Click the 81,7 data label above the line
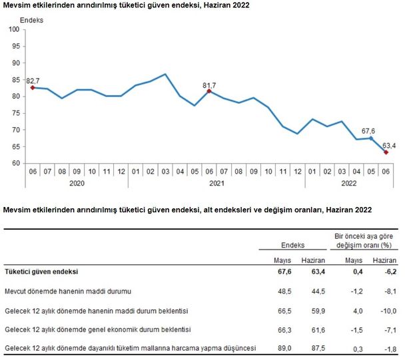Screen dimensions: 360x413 coord(209,85)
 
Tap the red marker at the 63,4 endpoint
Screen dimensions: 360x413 coord(386,152)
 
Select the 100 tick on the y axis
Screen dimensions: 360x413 coord(14,29)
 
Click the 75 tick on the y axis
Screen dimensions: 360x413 coord(16,113)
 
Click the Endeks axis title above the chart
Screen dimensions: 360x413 coord(32,21)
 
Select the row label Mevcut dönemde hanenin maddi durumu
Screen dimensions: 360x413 coord(69,291)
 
